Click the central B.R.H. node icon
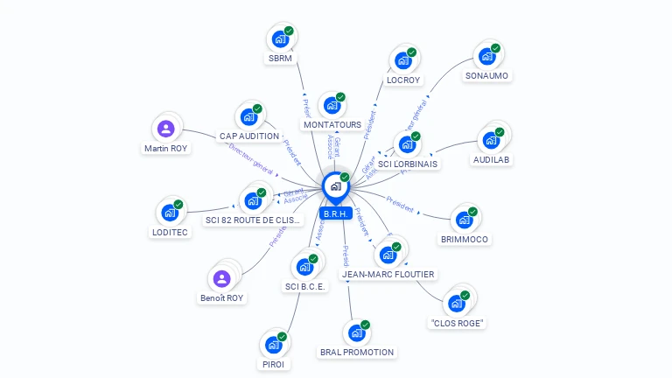click(335, 186)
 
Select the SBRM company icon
click(280, 39)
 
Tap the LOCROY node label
click(403, 80)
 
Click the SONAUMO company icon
click(487, 57)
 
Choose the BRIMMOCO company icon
click(465, 220)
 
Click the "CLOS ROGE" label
click(458, 323)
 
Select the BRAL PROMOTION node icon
click(356, 333)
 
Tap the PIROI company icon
click(273, 345)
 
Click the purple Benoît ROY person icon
click(222, 279)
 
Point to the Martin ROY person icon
click(165, 129)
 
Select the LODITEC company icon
click(170, 213)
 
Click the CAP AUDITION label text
click(249, 136)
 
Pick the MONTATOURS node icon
click(332, 106)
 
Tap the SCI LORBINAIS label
click(408, 164)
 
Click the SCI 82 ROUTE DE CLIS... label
click(253, 220)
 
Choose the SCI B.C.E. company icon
click(305, 267)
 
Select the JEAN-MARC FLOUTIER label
click(388, 274)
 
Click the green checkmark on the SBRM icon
click(289, 31)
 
